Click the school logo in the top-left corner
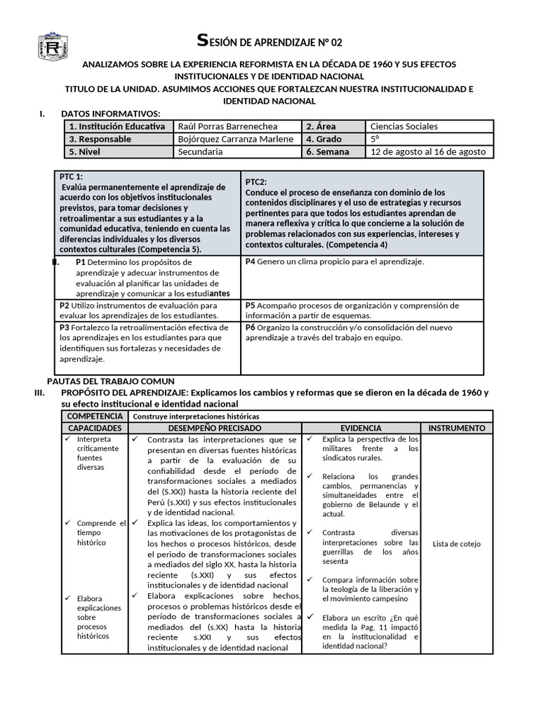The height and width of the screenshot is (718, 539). click(54, 48)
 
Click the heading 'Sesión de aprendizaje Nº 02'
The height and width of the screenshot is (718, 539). click(269, 41)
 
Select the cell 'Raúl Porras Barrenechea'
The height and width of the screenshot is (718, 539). click(227, 126)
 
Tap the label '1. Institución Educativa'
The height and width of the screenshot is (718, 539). click(117, 126)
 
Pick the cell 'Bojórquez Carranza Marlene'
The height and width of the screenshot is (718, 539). click(236, 139)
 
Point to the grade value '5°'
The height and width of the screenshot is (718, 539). click(375, 139)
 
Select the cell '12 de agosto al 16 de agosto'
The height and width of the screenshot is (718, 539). click(427, 151)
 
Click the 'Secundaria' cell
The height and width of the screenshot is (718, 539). click(200, 151)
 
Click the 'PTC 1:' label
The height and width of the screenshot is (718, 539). click(71, 177)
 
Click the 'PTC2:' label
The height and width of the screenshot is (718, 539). click(257, 182)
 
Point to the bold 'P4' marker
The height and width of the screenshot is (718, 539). click(250, 262)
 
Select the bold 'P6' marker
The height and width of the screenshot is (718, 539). click(250, 327)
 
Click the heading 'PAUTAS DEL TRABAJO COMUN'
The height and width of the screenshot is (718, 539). click(114, 381)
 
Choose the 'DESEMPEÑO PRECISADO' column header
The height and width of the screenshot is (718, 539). click(215, 428)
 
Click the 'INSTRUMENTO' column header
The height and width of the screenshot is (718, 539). click(456, 428)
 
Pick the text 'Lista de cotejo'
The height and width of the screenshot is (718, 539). click(456, 543)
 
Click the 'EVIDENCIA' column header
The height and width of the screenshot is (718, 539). click(361, 428)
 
